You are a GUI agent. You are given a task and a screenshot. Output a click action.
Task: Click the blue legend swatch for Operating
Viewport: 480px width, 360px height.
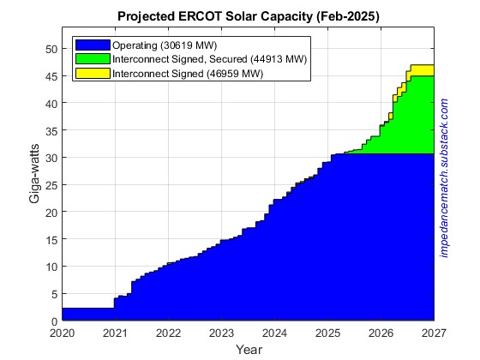tap(93, 45)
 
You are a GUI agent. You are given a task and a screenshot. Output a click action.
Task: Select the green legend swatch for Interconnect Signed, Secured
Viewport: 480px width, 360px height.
tap(93, 59)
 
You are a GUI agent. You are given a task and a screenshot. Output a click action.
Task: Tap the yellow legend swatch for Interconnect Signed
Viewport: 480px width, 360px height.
tap(93, 74)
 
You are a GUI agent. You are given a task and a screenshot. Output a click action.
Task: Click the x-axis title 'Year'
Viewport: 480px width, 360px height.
tap(249, 350)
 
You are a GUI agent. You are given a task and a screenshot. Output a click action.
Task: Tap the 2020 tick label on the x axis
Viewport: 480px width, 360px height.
tap(63, 333)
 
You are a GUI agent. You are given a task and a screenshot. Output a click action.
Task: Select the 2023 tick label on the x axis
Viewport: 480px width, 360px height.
tap(221, 333)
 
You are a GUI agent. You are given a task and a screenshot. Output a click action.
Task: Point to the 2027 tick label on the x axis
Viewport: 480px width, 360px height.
tap(434, 333)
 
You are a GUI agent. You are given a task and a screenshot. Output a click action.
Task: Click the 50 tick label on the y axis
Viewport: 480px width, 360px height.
tap(51, 49)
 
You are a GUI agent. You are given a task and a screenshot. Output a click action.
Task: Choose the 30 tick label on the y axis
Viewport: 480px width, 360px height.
tap(51, 158)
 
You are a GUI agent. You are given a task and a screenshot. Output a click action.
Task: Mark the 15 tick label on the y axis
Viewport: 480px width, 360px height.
tap(51, 239)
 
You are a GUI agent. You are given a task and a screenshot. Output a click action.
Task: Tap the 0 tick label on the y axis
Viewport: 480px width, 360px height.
tap(53, 321)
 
